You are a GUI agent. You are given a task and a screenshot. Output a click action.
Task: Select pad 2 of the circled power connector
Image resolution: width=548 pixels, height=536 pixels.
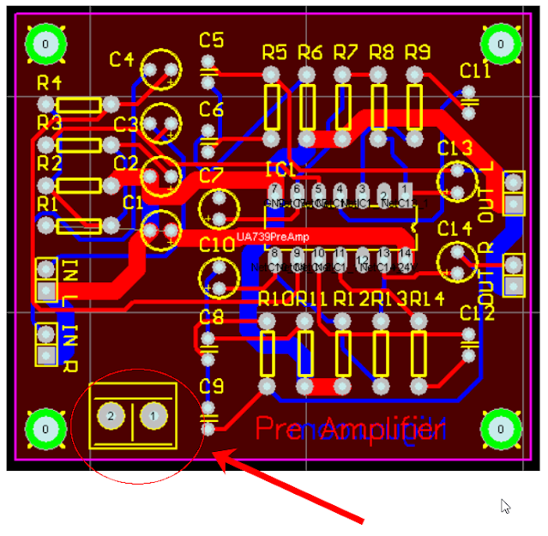click(x=111, y=417)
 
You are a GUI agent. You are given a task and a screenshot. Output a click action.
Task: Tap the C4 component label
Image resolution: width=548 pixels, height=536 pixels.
click(x=122, y=60)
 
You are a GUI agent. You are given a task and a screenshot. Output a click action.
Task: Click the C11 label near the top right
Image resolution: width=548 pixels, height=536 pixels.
click(x=475, y=70)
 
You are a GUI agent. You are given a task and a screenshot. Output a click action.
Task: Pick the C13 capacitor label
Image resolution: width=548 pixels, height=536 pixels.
click(x=455, y=148)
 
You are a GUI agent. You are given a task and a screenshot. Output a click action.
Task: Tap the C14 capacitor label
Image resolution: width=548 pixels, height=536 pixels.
click(x=455, y=229)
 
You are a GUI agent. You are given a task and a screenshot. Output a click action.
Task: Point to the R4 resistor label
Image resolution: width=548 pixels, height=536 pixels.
click(x=50, y=83)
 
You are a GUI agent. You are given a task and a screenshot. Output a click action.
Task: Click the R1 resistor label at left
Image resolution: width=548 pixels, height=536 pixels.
click(x=48, y=204)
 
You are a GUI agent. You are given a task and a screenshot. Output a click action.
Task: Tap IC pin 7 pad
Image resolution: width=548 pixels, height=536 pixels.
click(x=275, y=190)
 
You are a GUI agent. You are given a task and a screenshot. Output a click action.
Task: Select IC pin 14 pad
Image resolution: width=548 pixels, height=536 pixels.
click(x=406, y=253)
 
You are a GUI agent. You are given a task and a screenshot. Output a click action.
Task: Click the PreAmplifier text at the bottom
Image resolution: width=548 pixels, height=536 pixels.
click(x=352, y=428)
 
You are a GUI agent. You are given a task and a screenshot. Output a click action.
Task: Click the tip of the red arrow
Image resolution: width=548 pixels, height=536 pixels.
click(x=216, y=454)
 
